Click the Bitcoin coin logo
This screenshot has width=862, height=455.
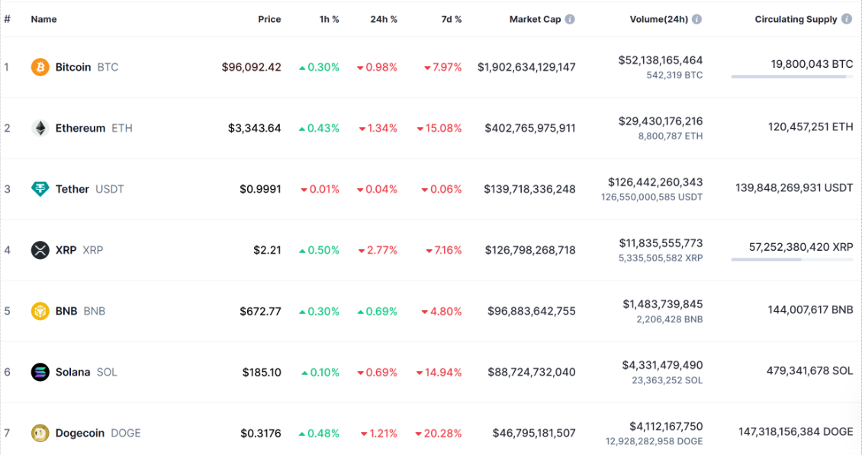click(40, 67)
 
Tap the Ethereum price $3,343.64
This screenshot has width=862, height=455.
click(254, 128)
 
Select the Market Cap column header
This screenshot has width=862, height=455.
click(536, 19)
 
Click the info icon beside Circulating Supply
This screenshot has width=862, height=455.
click(847, 19)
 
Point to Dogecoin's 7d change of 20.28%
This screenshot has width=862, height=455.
click(439, 433)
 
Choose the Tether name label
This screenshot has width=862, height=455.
click(72, 189)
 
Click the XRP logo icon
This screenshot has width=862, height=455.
click(40, 250)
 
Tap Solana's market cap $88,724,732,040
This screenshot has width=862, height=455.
click(532, 372)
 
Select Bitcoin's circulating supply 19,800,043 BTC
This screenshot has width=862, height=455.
click(812, 65)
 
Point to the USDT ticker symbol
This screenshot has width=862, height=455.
click(109, 189)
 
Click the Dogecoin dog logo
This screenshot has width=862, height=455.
click(40, 433)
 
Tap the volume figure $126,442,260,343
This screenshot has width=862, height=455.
click(655, 182)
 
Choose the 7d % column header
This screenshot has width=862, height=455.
click(452, 19)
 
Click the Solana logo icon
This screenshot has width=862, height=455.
click(40, 372)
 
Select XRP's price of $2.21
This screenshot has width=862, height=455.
click(267, 250)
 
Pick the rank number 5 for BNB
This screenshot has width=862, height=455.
click(8, 311)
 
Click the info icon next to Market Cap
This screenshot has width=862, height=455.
click(570, 19)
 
